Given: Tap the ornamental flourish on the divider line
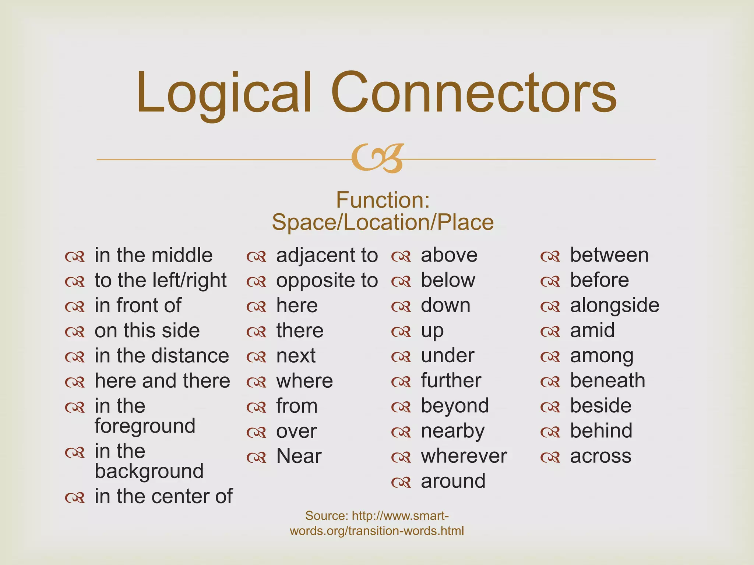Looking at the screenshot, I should (x=377, y=159).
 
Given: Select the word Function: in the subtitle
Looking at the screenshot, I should (x=383, y=200).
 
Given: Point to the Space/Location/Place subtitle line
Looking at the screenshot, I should (x=383, y=223).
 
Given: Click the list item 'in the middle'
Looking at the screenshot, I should (x=154, y=255).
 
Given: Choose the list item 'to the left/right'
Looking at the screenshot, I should (x=161, y=280).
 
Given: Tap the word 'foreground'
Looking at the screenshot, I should (x=145, y=426).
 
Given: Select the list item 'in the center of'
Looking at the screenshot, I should (x=163, y=496).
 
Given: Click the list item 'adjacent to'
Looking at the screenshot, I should (x=327, y=255).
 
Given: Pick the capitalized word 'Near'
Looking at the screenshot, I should (x=299, y=456).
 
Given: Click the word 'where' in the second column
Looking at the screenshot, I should (x=304, y=381).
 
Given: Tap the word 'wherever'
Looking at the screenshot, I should (x=464, y=456).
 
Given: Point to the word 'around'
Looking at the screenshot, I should (x=453, y=481).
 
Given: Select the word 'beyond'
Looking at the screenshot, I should (x=455, y=406).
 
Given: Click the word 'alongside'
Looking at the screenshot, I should (x=614, y=306).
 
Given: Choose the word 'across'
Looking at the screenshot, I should (x=601, y=456).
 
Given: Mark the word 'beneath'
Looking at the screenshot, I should (x=607, y=381).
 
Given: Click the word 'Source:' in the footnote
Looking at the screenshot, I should (x=327, y=516).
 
